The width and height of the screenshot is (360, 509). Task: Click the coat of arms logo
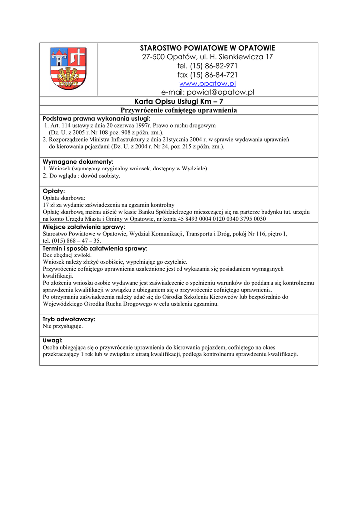point(68,69)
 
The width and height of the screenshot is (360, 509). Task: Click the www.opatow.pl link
point(207,84)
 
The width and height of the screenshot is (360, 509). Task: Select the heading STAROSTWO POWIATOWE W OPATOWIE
point(207,48)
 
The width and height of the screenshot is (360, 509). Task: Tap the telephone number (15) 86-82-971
point(214,66)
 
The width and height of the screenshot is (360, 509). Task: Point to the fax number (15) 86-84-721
point(215,75)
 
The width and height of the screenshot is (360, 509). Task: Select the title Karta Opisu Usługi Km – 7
point(179,101)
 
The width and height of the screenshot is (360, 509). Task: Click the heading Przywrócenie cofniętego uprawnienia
point(179,110)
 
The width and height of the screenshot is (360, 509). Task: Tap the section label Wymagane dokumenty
point(78,162)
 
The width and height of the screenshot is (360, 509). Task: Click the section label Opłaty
point(54,191)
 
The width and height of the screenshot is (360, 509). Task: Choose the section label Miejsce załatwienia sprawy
point(84,227)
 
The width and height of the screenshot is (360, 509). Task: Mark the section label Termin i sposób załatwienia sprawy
point(95,248)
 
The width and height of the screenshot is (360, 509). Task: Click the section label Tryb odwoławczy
point(69,319)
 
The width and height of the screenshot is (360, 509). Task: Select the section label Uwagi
point(53,340)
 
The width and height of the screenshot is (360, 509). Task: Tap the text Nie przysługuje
point(63,327)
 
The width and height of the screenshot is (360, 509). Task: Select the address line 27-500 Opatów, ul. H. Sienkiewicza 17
point(207,57)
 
